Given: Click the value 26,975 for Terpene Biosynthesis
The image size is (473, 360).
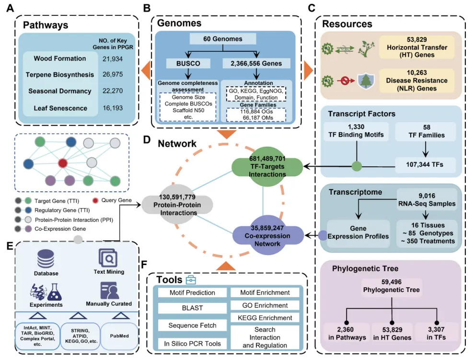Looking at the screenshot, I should coord(113,75).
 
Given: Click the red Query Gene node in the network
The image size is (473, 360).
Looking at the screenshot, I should coord(63,163).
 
